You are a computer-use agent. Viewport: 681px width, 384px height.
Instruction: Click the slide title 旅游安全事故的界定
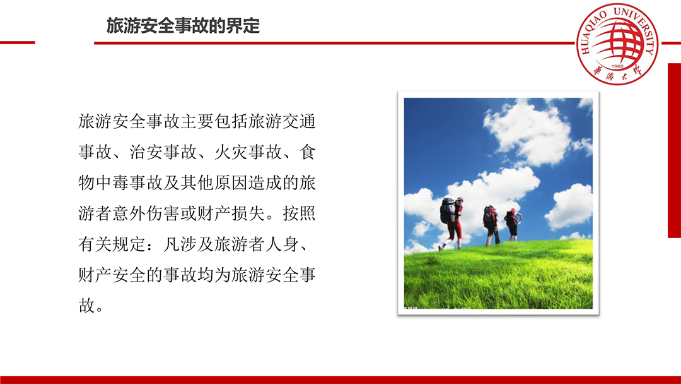coord(183,26)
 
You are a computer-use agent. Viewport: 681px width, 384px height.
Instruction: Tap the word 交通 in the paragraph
coord(299,121)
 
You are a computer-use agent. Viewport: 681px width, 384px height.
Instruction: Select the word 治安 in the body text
coord(146,152)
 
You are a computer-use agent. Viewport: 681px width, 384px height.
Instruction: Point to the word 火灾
coord(231,152)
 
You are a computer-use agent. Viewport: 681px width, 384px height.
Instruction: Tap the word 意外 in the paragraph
coord(129,213)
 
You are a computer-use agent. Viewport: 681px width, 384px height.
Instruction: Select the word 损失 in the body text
coord(248,213)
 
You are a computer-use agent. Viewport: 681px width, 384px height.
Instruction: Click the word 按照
coord(299,213)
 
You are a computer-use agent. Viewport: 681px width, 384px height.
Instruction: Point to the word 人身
coord(282,244)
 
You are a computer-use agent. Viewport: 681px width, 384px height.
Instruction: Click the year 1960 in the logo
coord(617,66)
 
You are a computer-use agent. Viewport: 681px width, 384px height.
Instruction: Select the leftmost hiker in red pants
coord(451,224)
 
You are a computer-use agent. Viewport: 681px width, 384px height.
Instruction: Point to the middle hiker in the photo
coord(491,225)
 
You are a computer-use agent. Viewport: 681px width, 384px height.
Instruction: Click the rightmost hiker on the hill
coord(513,224)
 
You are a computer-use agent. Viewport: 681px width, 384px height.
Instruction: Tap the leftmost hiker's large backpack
coord(447,210)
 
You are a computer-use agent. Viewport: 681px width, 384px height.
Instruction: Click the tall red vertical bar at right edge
coord(674,150)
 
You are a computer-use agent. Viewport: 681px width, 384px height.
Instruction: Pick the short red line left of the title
coord(18,42)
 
